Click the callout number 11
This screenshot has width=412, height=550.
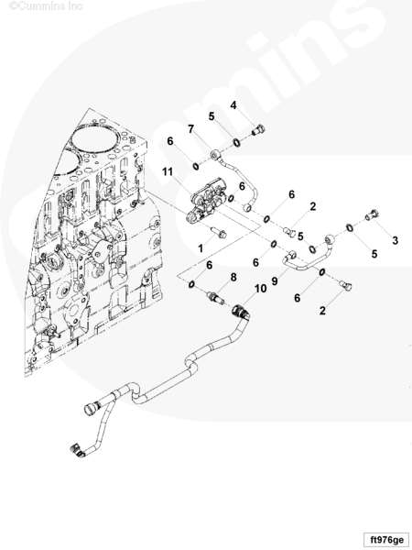tap(168, 172)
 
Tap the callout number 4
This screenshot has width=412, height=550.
tap(233, 105)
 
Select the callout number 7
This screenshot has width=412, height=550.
tap(190, 129)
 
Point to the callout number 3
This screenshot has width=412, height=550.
tap(396, 240)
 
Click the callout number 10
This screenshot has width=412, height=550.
tap(260, 289)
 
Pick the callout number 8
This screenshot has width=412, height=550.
tap(233, 277)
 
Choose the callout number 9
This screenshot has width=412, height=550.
tap(275, 281)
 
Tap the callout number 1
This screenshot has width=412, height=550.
tap(201, 248)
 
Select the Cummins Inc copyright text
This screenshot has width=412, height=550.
tap(46, 6)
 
